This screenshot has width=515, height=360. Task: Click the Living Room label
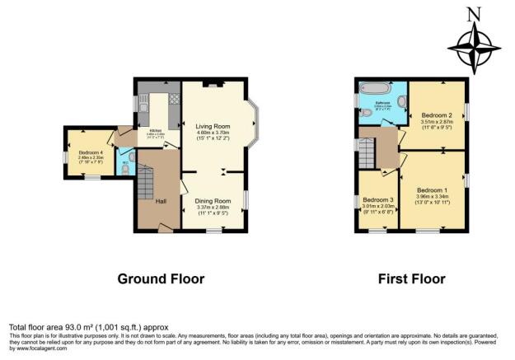(x=213, y=124)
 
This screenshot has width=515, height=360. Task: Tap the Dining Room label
(x=213, y=200)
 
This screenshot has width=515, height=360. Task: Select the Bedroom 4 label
(x=91, y=152)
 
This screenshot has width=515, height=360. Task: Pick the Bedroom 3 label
(x=378, y=200)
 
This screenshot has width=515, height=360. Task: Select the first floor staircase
(x=377, y=152)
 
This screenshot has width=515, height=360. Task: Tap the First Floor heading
(x=411, y=279)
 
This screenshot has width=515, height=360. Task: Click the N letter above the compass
(x=472, y=13)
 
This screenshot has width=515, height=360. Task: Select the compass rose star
(x=472, y=46)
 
